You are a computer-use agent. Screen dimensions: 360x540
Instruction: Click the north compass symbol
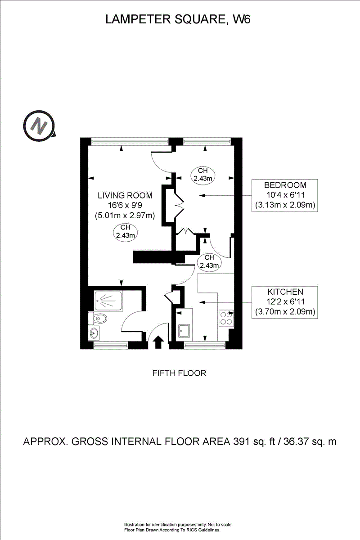[x=39, y=126]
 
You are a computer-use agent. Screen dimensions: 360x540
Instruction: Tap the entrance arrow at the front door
[x=158, y=342]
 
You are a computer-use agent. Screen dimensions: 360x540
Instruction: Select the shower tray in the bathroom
[x=108, y=301]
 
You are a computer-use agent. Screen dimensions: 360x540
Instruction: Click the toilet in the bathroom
[x=98, y=319]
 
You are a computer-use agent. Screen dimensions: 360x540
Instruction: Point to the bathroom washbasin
[x=94, y=333]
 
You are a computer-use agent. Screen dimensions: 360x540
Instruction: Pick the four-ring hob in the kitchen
[x=226, y=318]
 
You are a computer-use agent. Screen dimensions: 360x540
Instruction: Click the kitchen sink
[x=184, y=331]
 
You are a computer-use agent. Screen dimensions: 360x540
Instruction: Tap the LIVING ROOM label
[x=125, y=195]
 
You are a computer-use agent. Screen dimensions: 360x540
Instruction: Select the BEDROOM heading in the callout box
[x=285, y=185]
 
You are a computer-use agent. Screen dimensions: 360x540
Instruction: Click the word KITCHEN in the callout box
[x=285, y=292]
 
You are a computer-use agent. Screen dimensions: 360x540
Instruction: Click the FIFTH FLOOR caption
[x=179, y=373]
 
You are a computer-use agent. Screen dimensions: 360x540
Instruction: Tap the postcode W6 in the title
[x=241, y=19]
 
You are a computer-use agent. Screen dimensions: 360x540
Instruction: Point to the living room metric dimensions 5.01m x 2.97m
[x=125, y=215]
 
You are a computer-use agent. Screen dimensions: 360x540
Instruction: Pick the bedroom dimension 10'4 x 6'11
[x=285, y=195]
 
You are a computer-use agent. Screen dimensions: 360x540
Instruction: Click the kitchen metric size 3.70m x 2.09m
[x=285, y=312]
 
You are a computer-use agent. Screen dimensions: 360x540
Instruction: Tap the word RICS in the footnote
[x=191, y=531]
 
